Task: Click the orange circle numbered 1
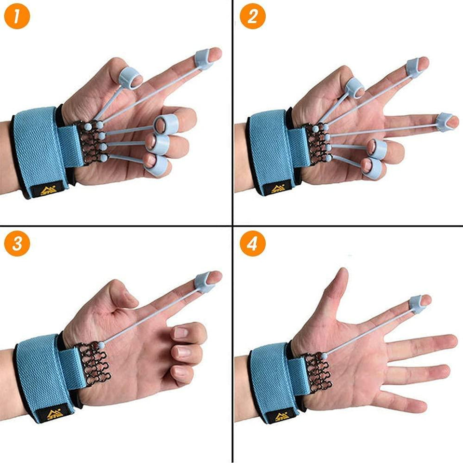[x=17, y=17]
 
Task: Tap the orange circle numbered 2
[x=252, y=17]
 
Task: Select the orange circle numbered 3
[x=17, y=245]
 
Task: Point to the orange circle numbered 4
[x=252, y=245]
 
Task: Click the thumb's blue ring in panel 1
[x=129, y=77]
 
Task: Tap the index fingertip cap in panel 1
[x=205, y=59]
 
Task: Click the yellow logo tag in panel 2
[x=279, y=190]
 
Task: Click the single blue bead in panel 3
[x=102, y=345]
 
